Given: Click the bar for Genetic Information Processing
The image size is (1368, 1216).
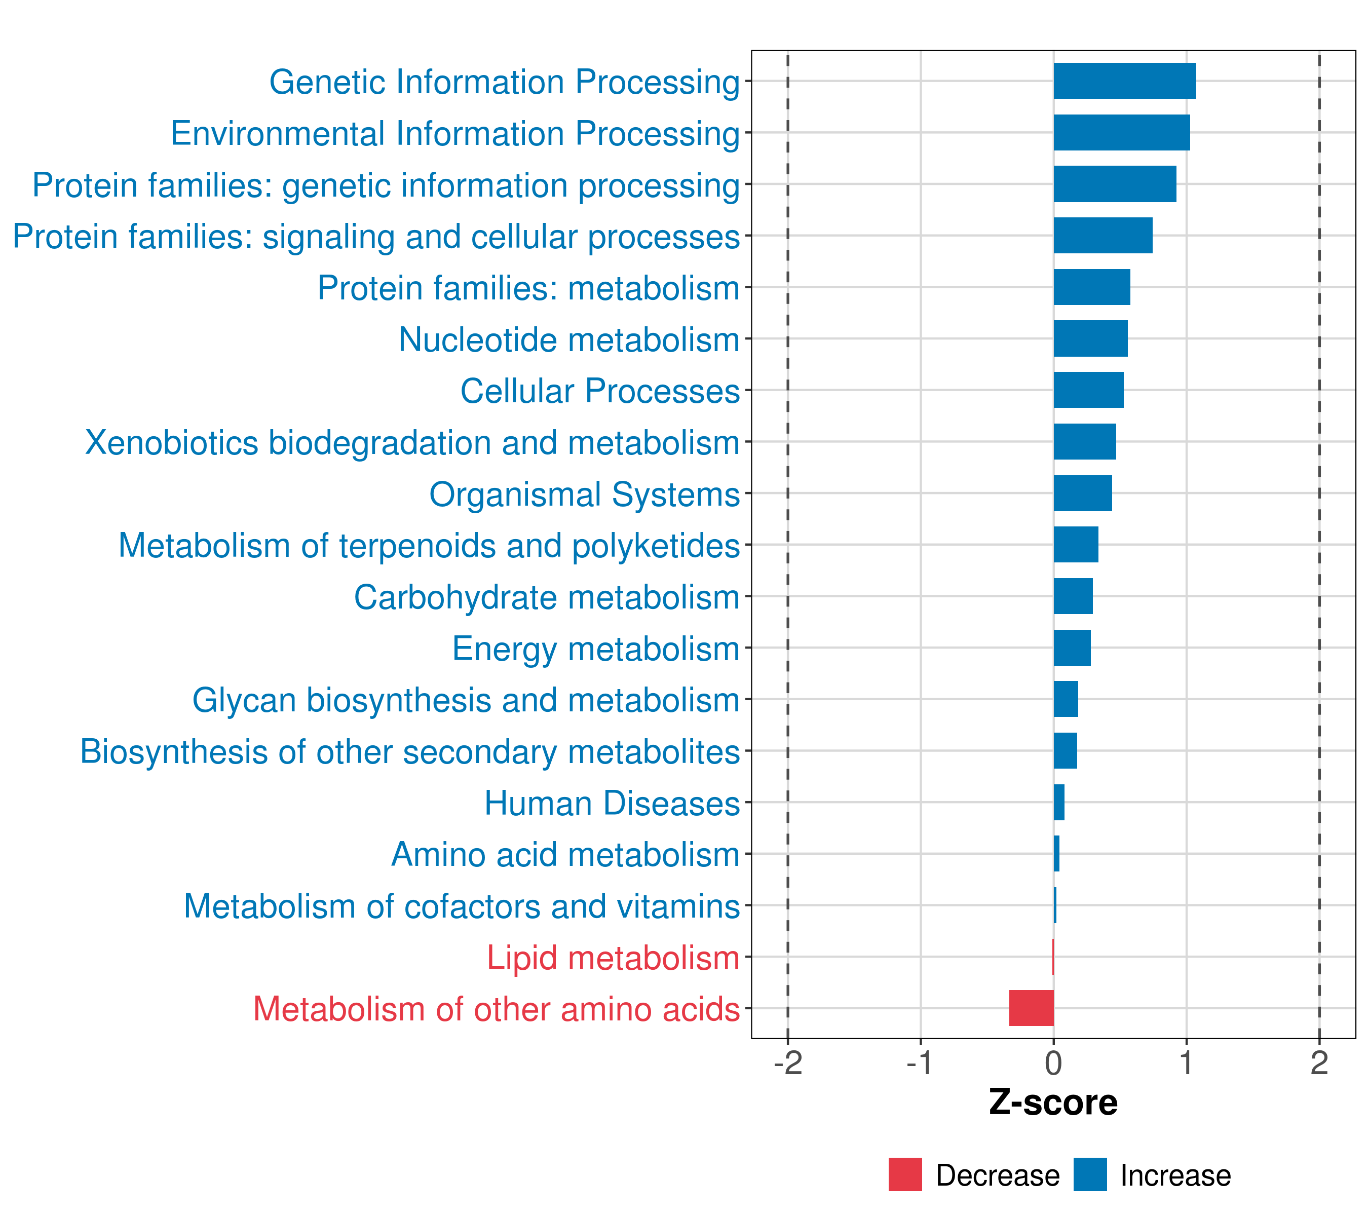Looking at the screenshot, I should pos(1124,81).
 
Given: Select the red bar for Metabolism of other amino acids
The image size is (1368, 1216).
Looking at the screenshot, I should pos(1032,1008).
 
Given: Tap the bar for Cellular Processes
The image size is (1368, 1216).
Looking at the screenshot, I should pos(1088,390).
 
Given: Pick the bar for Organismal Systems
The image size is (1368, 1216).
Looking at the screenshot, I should pos(1082,493).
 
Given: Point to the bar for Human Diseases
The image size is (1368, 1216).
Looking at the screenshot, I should pos(1059,803).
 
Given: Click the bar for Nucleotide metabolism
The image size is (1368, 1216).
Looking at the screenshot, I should pos(1090,338).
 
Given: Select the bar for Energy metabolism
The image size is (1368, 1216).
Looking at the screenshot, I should pos(1072,648).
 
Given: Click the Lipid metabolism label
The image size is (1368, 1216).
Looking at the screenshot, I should pos(613,958).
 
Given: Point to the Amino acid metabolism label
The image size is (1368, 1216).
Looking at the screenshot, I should pos(565,855).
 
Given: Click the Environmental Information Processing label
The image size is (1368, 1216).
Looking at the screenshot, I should pos(455,134).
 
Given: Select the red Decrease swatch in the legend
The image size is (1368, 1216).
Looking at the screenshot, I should pos(905,1174).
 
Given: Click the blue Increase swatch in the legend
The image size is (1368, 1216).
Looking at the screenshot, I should pos(1089,1174).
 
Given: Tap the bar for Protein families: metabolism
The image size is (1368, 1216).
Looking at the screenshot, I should pos(1091,287).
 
